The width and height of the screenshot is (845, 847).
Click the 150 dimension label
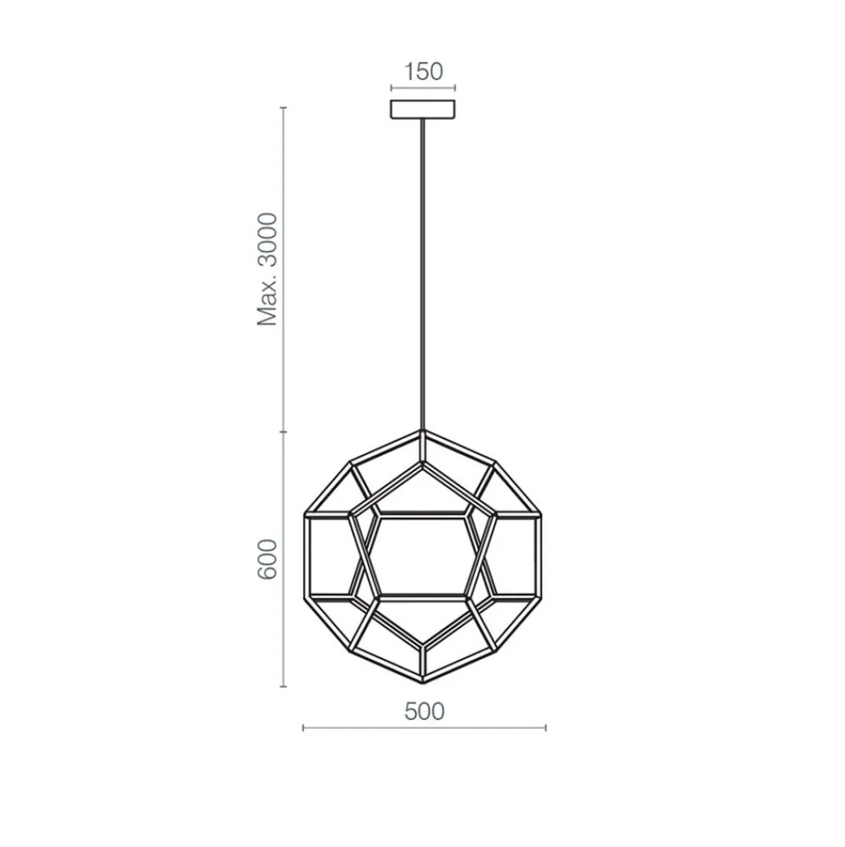click(x=422, y=71)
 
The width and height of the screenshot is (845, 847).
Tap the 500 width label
click(x=424, y=711)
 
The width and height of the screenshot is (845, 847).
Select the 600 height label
click(x=267, y=558)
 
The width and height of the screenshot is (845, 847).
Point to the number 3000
click(x=267, y=244)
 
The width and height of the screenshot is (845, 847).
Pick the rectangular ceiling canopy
click(x=422, y=109)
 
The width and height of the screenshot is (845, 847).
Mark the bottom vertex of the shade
click(x=423, y=683)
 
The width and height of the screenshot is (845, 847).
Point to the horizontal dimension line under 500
click(x=424, y=727)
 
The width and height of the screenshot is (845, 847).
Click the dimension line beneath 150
click(x=422, y=88)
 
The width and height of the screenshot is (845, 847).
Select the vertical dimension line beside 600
click(x=285, y=558)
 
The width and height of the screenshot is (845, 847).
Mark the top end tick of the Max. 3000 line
click(x=285, y=108)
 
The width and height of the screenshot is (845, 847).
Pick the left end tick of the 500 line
click(x=304, y=727)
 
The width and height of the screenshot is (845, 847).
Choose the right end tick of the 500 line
click(x=545, y=727)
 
